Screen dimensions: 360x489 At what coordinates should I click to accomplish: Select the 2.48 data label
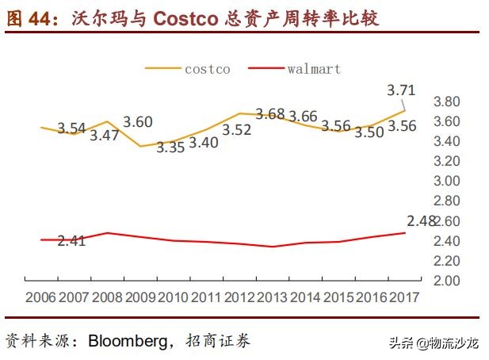pos(422,221)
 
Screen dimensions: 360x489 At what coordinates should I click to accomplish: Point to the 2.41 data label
pos(71,240)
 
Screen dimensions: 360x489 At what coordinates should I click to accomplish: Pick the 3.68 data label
pos(269,114)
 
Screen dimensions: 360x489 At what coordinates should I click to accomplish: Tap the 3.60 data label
pos(138,122)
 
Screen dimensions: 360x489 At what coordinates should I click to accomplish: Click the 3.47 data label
pos(104,135)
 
